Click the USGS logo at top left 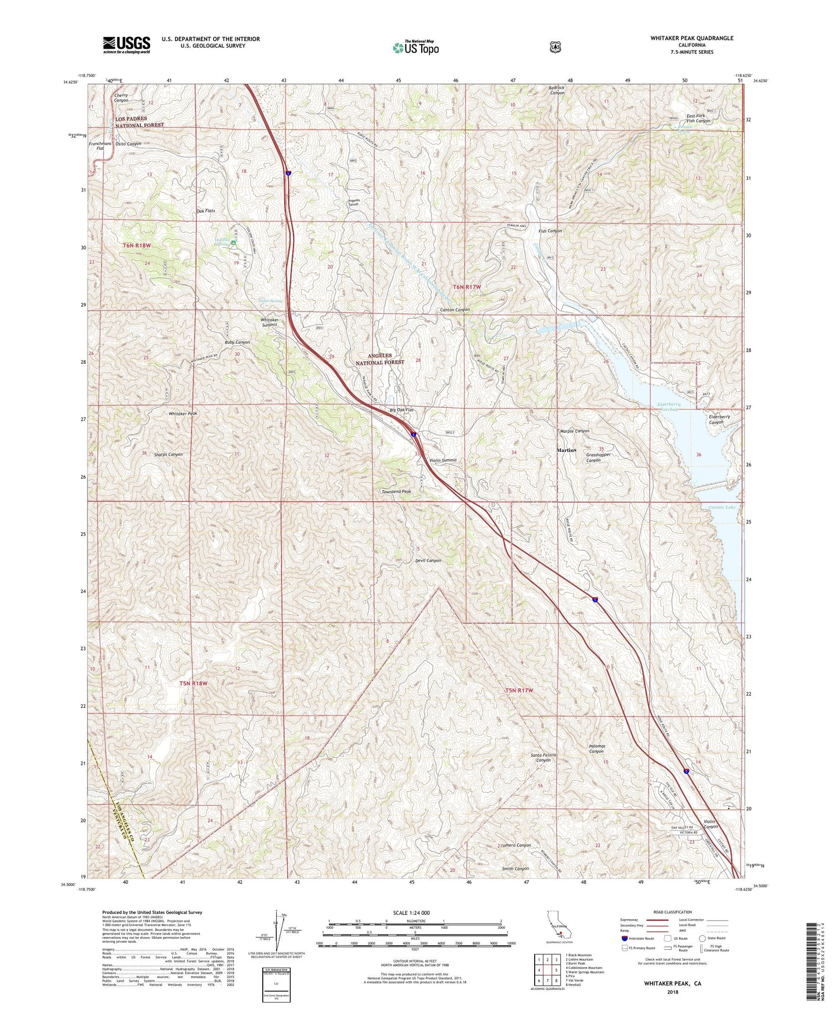tap(126, 45)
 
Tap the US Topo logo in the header tap(415, 48)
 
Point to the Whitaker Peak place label tap(183, 413)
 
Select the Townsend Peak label tap(396, 491)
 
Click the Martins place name tap(567, 450)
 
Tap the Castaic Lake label tap(722, 507)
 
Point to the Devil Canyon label tap(428, 560)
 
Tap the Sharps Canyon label tap(168, 454)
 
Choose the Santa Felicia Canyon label tap(543, 757)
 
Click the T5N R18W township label tap(193, 683)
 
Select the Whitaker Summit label tap(269, 323)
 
